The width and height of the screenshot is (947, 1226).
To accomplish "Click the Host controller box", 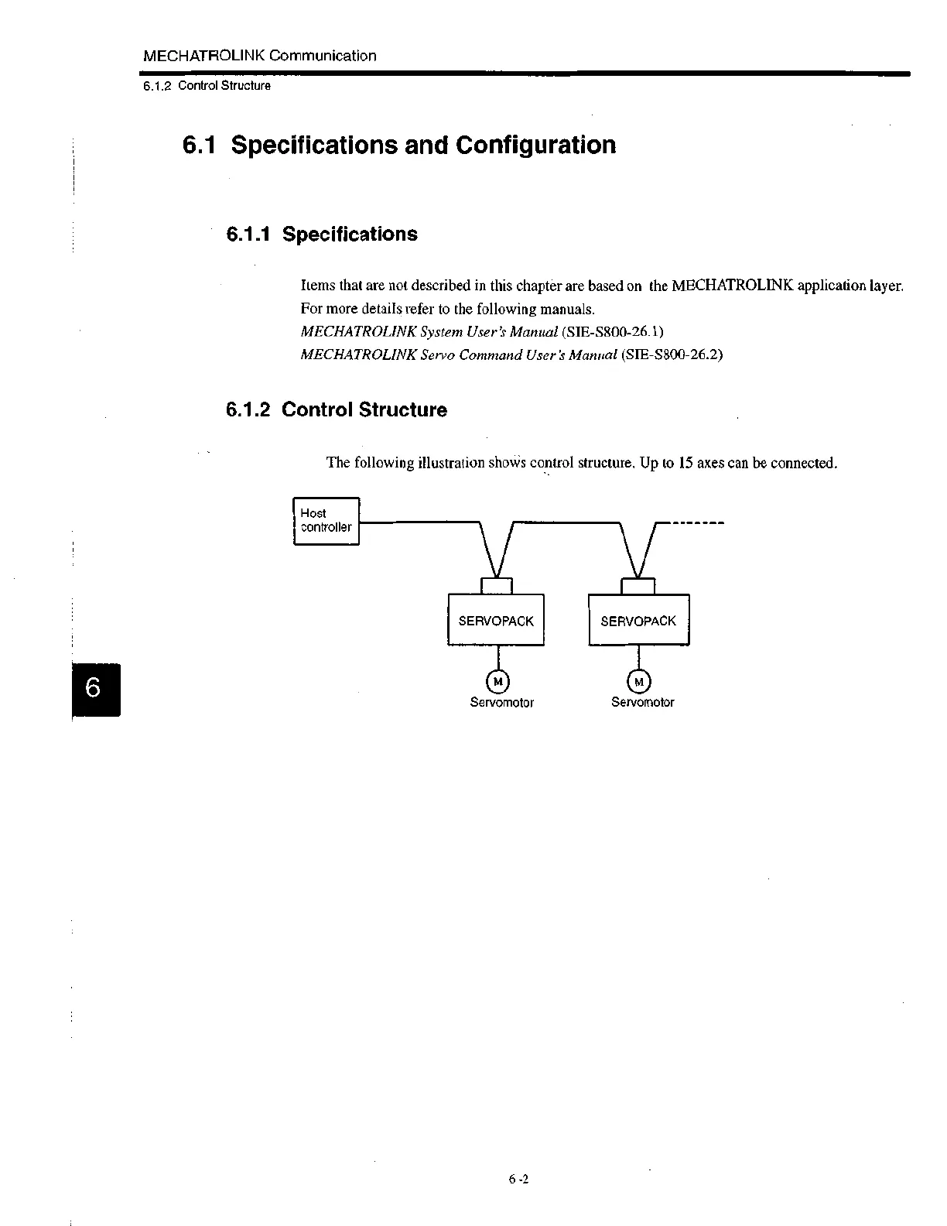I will click(326, 521).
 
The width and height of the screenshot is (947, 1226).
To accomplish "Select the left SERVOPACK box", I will click(496, 620).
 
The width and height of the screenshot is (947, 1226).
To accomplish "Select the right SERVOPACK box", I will click(638, 620).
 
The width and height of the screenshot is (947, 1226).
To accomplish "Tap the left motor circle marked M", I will click(498, 681).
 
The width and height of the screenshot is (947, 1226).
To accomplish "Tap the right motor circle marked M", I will click(639, 681).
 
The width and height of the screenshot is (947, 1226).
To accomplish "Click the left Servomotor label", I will click(501, 702).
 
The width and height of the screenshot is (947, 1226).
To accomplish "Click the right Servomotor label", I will click(642, 702).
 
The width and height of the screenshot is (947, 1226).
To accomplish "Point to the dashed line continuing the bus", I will click(697, 523).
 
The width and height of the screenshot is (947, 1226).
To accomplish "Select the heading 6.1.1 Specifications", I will click(321, 234).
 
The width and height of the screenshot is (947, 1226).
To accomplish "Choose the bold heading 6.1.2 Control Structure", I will click(336, 409).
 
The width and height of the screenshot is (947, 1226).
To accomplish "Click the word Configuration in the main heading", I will click(535, 145).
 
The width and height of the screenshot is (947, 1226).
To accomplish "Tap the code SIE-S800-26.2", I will click(672, 354).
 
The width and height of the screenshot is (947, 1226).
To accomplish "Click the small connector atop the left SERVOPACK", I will click(496, 585).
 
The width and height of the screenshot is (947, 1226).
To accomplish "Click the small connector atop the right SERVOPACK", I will click(638, 585).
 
